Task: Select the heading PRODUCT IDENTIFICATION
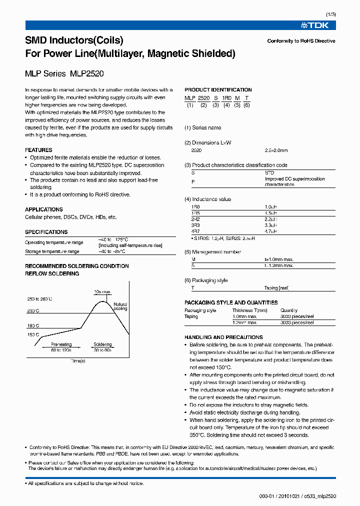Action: click(x=218, y=90)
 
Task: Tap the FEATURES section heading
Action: click(x=38, y=150)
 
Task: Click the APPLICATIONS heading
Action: click(x=44, y=209)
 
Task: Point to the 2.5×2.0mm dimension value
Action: click(x=276, y=150)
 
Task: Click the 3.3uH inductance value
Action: click(x=271, y=225)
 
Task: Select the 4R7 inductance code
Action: click(x=195, y=231)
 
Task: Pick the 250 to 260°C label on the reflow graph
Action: click(x=40, y=299)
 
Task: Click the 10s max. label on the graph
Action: click(x=102, y=291)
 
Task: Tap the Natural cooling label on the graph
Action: click(x=120, y=306)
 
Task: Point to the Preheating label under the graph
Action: click(x=61, y=344)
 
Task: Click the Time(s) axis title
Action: click(x=77, y=360)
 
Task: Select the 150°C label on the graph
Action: click(x=33, y=335)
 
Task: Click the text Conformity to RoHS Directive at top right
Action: click(x=301, y=41)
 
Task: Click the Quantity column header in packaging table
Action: click(x=289, y=310)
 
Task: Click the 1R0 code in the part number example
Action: click(x=226, y=98)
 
